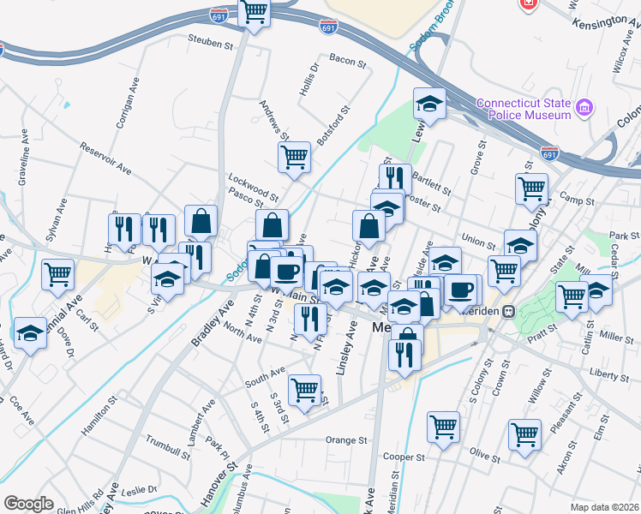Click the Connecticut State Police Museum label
click(x=524, y=109)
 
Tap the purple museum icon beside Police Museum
click(x=585, y=108)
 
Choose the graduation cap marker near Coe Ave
click(x=31, y=333)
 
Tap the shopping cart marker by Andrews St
click(x=294, y=157)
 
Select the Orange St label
click(x=346, y=440)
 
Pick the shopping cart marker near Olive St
click(x=524, y=433)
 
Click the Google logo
click(x=28, y=504)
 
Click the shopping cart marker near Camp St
click(x=531, y=188)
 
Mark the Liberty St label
click(x=609, y=374)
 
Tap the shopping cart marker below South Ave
click(x=305, y=391)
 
